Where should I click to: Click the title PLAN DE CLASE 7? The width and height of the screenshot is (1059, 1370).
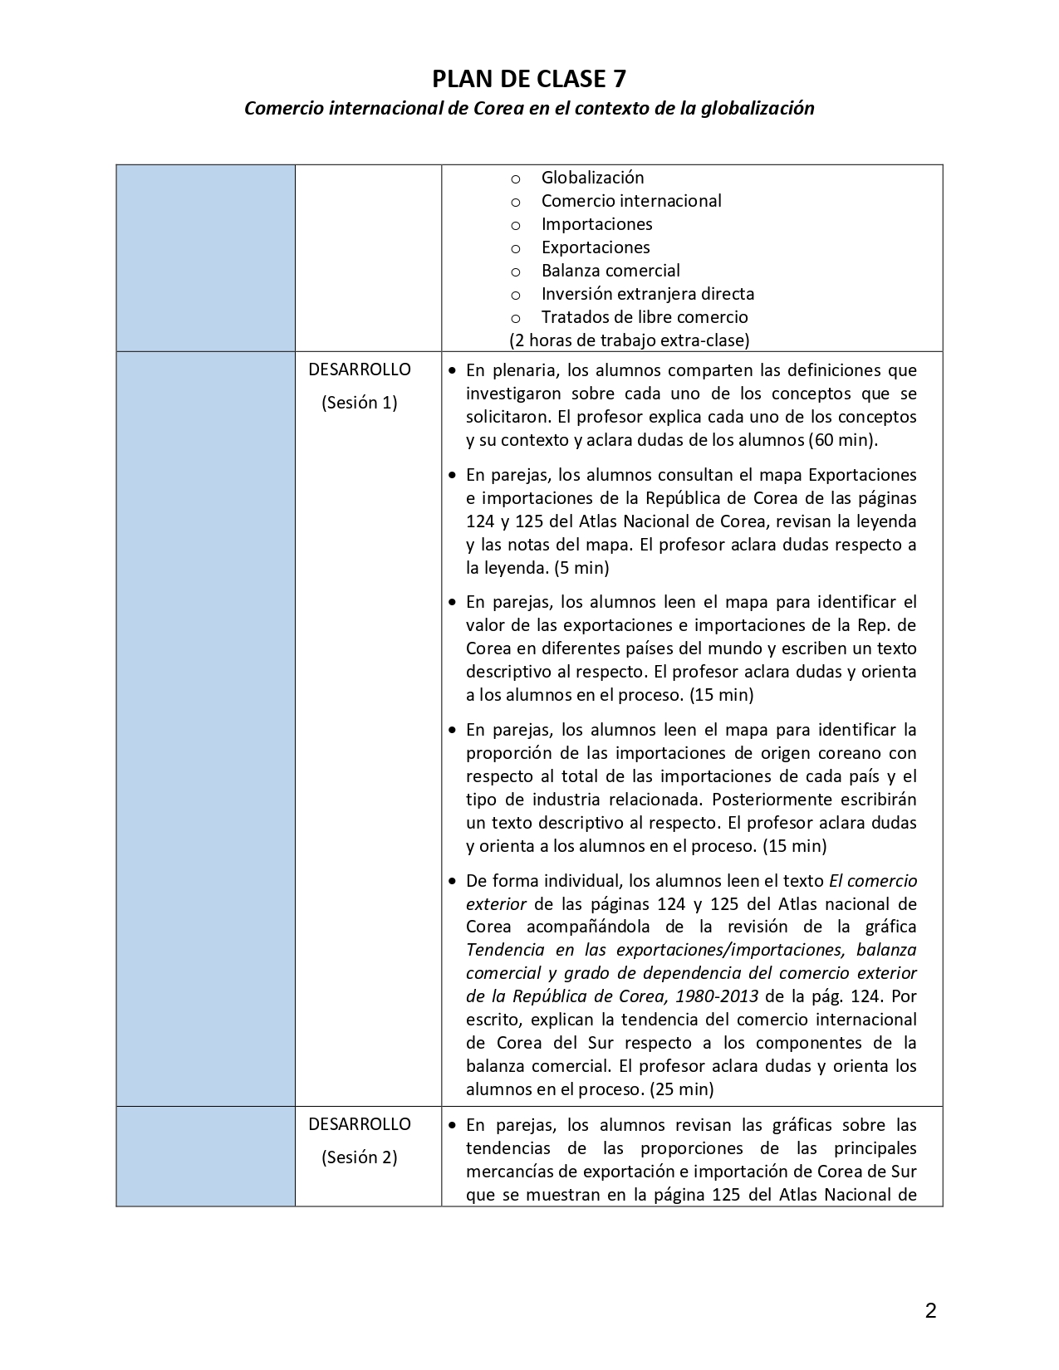529,79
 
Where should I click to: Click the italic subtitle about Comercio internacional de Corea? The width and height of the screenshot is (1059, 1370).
529,109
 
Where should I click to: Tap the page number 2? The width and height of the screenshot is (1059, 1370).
930,1311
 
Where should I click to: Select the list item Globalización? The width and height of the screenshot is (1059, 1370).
592,178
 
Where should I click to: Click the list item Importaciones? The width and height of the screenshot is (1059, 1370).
596,224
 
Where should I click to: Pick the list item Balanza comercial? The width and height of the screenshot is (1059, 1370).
610,271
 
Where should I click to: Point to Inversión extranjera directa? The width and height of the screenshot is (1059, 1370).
648,294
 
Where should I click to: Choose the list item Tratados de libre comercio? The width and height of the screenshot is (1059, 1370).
645,317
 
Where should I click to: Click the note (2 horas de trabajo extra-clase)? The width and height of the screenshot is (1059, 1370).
629,340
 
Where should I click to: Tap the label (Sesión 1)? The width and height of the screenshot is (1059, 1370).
360,404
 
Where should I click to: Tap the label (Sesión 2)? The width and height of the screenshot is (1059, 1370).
360,1157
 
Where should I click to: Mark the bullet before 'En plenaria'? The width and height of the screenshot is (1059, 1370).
452,371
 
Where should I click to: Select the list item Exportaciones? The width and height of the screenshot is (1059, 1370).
596,247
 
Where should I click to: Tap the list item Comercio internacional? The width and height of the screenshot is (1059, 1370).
631,201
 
